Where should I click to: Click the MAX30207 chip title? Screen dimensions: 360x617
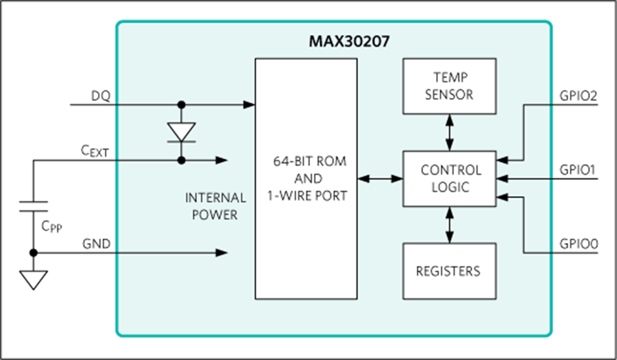349,42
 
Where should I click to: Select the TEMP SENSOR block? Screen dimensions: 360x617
449,86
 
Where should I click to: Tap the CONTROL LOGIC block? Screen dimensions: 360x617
449,178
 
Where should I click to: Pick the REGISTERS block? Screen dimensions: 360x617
449,271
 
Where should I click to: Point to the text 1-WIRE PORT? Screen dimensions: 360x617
306,196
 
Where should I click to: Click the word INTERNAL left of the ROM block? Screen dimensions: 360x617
215,198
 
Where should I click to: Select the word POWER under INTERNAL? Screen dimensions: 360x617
215,215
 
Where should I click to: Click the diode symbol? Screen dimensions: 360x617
182,132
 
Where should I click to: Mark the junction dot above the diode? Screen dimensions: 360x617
182,105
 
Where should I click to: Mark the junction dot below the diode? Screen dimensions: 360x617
182,160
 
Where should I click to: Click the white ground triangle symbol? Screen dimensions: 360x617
33,279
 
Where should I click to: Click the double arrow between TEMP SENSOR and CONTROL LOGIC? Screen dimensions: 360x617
449,132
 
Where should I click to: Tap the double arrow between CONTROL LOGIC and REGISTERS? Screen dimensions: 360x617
449,224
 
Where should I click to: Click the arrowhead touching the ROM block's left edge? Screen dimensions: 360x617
250,105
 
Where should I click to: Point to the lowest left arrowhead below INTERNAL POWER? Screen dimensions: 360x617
221,252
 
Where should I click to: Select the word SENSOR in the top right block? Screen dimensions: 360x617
449,95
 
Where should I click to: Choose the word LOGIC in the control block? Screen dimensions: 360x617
450,187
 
